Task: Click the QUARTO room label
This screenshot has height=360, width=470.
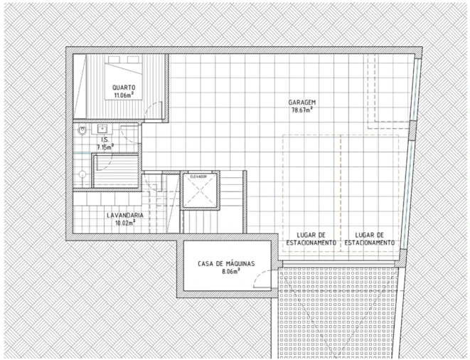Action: point(124,88)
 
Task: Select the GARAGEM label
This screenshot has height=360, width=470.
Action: point(302,102)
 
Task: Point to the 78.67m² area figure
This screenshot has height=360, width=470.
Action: point(302,110)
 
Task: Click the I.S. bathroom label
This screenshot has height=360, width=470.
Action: point(105,139)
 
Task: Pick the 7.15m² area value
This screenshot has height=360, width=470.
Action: point(105,147)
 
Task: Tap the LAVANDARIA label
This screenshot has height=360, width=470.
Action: point(125,216)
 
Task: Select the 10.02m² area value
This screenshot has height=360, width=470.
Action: point(125,223)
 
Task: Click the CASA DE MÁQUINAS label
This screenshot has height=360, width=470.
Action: point(226,264)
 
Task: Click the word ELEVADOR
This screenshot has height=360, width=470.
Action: point(198,176)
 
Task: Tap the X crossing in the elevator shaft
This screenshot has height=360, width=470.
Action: point(199,191)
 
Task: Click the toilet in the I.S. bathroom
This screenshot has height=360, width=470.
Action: point(82,130)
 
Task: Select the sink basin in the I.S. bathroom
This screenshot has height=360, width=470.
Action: point(102,129)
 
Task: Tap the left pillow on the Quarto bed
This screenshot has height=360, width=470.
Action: point(114,59)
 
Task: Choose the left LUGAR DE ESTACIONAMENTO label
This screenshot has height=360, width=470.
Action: point(311,239)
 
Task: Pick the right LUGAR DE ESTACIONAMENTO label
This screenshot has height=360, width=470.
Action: point(369,239)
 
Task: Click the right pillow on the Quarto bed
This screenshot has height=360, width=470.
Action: point(134,59)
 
